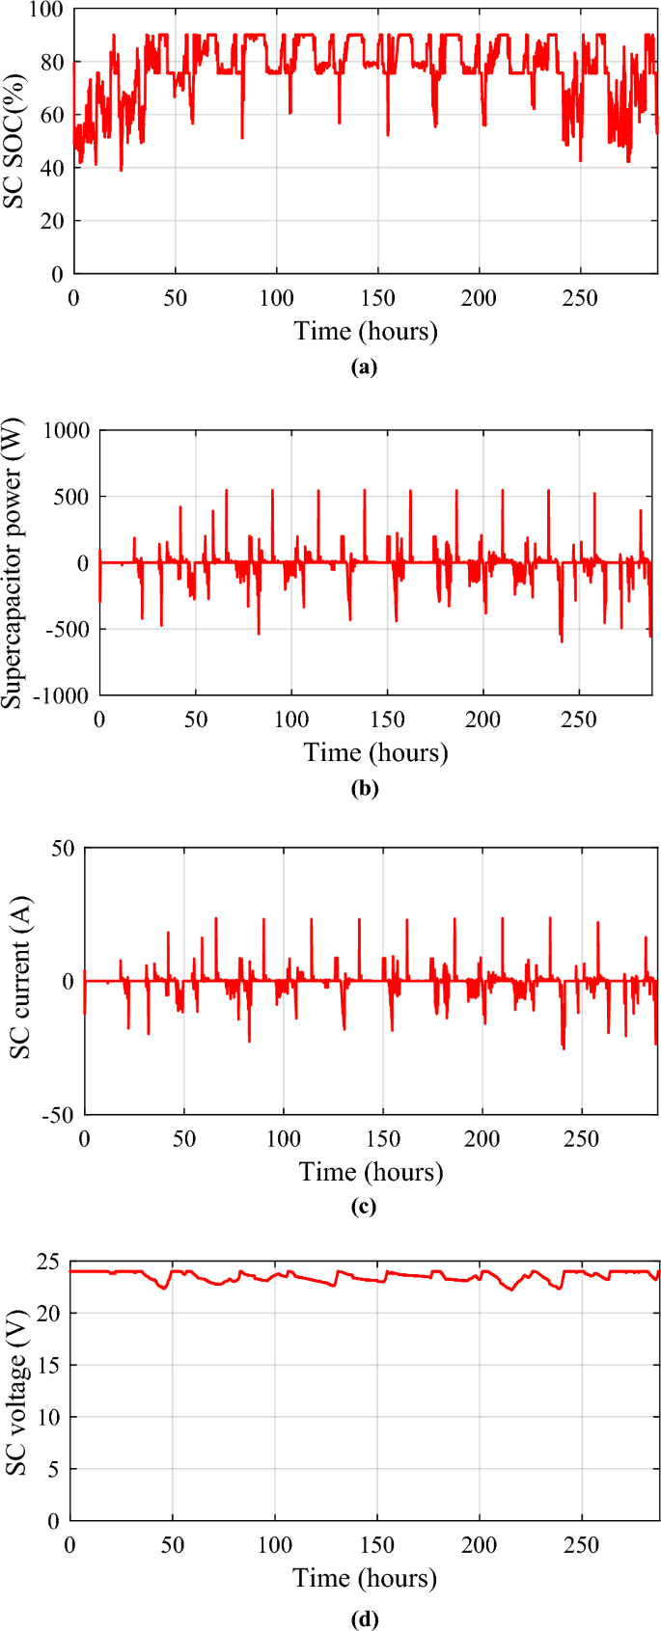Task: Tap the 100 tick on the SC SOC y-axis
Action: (x=45, y=10)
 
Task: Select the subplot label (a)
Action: (x=365, y=367)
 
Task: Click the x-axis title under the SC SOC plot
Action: (x=365, y=331)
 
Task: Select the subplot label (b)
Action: (x=365, y=788)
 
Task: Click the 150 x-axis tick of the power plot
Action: (x=387, y=720)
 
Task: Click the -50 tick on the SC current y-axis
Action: (x=58, y=1115)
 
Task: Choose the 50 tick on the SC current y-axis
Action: (x=63, y=849)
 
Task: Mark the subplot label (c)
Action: (x=365, y=1207)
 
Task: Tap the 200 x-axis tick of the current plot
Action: (x=482, y=1139)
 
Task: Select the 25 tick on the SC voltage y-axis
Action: (x=45, y=1262)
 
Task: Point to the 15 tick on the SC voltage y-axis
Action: (x=45, y=1365)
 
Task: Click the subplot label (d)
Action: (x=365, y=1618)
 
